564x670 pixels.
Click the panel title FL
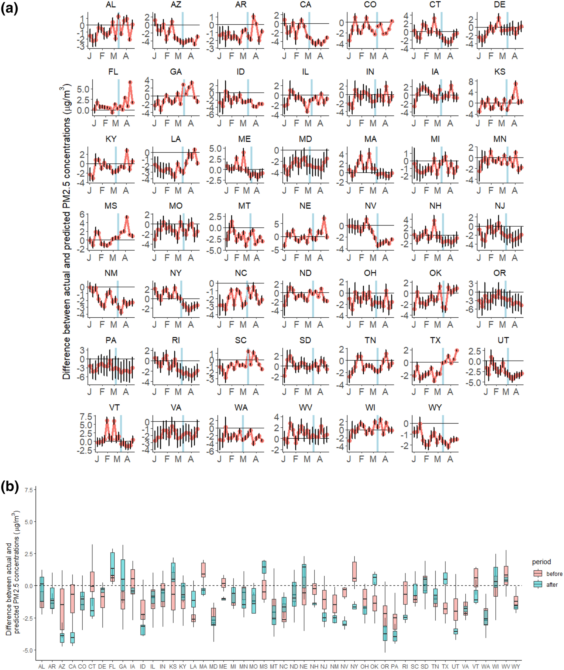click(x=113, y=72)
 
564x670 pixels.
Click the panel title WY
click(x=435, y=407)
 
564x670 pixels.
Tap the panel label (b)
click(x=10, y=487)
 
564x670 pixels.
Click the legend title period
click(x=541, y=562)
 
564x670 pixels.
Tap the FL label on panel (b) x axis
click(x=112, y=666)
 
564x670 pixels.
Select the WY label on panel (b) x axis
click(x=515, y=666)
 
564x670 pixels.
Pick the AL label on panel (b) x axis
click(x=42, y=666)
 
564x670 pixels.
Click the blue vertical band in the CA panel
click(x=309, y=30)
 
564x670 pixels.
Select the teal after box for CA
click(x=73, y=637)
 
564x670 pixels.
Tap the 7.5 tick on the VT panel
click(x=86, y=417)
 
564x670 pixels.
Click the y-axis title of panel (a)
click(x=67, y=232)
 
